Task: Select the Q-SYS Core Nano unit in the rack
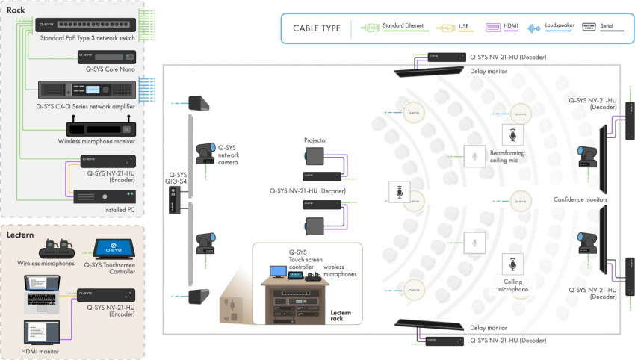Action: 107,58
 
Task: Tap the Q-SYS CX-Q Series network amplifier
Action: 87,90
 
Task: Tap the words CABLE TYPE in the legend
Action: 312,28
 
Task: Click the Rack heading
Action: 16,10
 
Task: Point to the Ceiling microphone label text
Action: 512,285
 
